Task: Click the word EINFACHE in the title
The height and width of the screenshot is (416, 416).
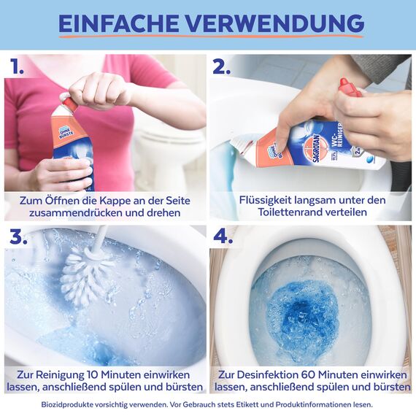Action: point(117,23)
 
